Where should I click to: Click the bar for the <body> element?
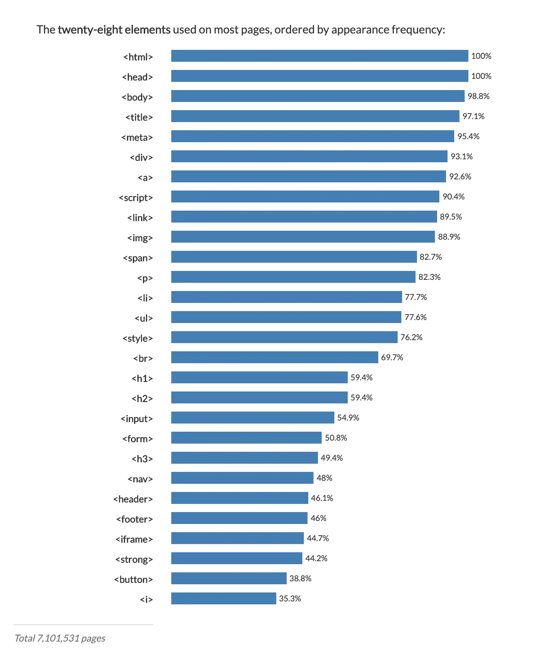click(x=318, y=96)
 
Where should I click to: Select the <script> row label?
click(x=136, y=198)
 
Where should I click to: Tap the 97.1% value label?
click(x=473, y=116)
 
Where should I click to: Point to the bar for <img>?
click(x=303, y=237)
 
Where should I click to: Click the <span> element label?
click(x=138, y=258)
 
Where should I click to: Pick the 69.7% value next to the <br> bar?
click(x=392, y=358)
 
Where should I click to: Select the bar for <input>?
click(x=252, y=418)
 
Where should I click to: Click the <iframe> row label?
click(x=134, y=539)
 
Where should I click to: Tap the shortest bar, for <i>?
click(x=223, y=598)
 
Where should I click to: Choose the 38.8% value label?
click(x=300, y=579)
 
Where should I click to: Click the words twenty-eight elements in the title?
click(x=114, y=30)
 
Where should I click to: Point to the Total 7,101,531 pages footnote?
click(x=60, y=638)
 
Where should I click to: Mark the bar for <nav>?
click(x=242, y=478)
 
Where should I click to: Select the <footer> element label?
click(x=134, y=519)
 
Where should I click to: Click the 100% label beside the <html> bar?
click(x=481, y=56)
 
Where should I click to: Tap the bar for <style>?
click(x=284, y=337)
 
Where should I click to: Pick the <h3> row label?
click(x=142, y=459)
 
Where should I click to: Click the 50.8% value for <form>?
click(x=336, y=438)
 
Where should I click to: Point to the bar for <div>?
click(x=309, y=156)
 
